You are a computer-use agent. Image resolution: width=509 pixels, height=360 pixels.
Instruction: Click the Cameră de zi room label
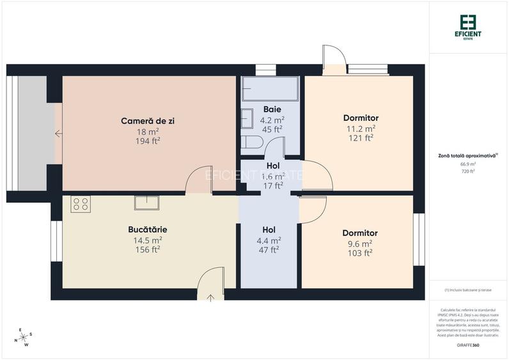point(148,121)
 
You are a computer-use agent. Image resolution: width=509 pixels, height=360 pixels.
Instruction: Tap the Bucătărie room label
point(148,229)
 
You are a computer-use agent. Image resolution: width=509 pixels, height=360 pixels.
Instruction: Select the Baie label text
point(272,109)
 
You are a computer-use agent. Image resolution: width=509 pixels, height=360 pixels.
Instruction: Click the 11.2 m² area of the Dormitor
point(361,128)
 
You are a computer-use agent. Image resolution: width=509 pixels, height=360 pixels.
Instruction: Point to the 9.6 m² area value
point(360,243)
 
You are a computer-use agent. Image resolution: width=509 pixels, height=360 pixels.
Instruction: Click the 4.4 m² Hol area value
point(269,240)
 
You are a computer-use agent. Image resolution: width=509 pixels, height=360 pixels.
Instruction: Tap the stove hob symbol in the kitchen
point(81,203)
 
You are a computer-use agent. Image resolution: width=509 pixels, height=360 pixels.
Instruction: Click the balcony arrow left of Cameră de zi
point(58,134)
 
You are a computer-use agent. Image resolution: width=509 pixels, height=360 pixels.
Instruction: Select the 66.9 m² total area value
point(469,164)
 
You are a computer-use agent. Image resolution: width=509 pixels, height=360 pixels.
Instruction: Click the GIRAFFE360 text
point(468,345)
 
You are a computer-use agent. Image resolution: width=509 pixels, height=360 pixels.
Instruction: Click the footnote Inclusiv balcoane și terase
point(468,290)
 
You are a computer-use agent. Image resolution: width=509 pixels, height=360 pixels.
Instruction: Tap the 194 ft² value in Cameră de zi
point(148,141)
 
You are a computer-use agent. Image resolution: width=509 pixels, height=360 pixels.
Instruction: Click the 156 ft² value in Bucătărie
point(148,250)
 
